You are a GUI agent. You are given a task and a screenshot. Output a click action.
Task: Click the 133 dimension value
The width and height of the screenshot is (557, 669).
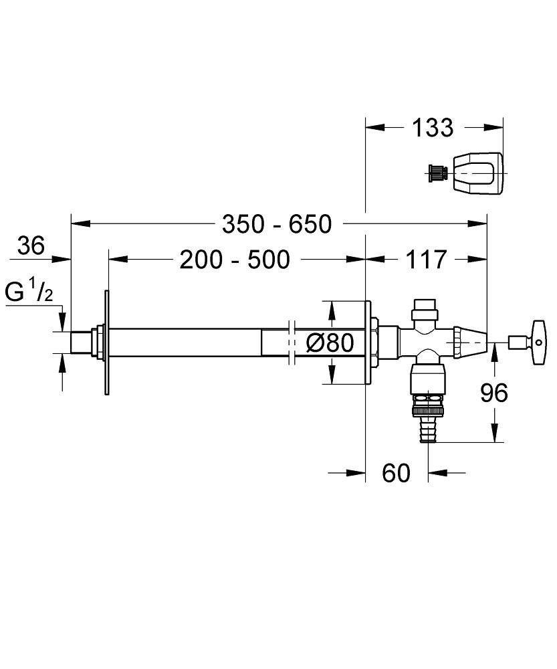coord(432,127)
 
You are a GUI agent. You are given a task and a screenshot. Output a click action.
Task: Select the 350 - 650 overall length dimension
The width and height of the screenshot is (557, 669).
coord(277,224)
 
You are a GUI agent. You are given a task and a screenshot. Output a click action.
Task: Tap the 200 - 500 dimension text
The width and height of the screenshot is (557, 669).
coord(235,259)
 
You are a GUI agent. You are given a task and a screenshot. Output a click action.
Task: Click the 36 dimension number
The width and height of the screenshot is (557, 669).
coord(31,246)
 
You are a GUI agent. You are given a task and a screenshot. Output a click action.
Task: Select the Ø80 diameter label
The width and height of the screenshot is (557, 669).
coord(329,343)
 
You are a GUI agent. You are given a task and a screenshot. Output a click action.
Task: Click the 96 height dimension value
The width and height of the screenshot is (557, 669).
coord(494,393)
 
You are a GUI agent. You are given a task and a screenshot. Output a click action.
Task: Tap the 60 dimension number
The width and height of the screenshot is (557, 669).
coord(396,473)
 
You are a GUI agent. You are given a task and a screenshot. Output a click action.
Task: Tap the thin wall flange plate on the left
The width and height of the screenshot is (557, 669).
coord(106,343)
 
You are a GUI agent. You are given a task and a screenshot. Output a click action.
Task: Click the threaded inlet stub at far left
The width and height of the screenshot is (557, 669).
coord(82,342)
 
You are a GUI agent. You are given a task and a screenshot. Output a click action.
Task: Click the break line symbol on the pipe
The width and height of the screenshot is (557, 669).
coord(291,343)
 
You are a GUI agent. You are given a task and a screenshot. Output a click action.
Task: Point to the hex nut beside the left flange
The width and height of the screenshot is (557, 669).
coord(98,342)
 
